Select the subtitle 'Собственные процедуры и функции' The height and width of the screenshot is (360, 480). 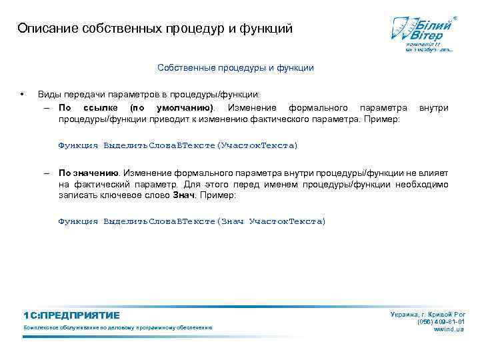(235, 67)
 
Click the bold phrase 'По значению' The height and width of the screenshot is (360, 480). (88, 172)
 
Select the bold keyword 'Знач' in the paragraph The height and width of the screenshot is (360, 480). (183, 196)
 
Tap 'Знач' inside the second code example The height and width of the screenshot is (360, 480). (232, 221)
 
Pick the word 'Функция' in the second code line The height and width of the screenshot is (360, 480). (78, 221)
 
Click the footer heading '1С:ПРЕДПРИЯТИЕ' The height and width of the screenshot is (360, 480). (71, 315)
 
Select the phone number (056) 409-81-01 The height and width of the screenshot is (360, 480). (441, 322)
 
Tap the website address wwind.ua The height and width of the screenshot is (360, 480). (449, 330)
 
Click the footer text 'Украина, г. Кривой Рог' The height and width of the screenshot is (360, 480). (427, 314)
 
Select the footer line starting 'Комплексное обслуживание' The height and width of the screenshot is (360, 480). (117, 328)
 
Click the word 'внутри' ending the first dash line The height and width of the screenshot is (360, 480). (433, 107)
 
